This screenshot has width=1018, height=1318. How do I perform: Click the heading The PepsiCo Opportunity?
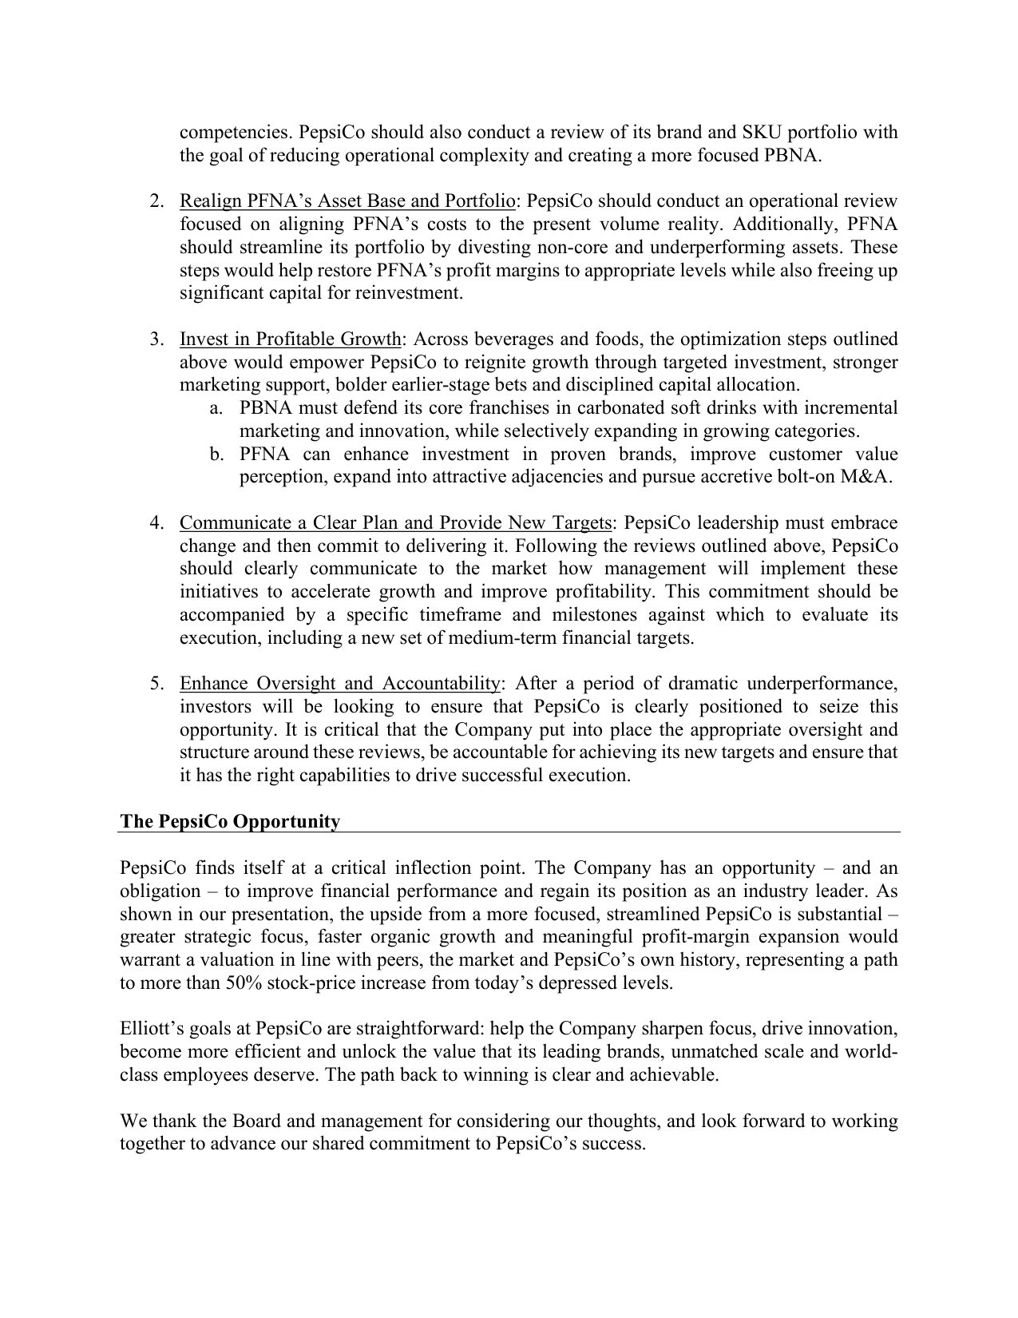click(x=230, y=821)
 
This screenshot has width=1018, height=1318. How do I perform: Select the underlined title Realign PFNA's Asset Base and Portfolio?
click(x=347, y=200)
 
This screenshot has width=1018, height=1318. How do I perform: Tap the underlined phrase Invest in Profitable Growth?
click(x=290, y=339)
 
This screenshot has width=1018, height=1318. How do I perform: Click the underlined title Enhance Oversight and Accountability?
click(x=340, y=683)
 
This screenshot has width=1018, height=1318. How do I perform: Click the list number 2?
click(x=156, y=200)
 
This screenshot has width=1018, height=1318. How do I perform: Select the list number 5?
click(x=156, y=683)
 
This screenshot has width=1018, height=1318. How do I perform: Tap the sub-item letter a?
click(x=216, y=408)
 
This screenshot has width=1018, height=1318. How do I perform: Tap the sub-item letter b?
click(x=216, y=455)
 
